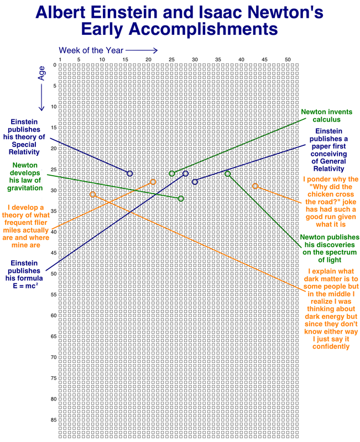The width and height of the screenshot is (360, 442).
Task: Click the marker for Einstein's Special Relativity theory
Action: [x=130, y=173]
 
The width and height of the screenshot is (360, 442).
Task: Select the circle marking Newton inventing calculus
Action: [x=171, y=173]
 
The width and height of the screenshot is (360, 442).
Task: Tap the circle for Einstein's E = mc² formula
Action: [x=186, y=173]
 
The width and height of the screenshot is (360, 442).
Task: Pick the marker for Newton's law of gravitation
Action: [x=181, y=198]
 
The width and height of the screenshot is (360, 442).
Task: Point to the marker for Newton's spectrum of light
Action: [x=227, y=173]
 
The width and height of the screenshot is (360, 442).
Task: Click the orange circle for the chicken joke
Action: [x=255, y=186]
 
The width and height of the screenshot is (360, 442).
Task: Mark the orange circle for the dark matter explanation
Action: [x=92, y=194]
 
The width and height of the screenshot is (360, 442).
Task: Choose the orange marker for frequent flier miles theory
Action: [x=153, y=182]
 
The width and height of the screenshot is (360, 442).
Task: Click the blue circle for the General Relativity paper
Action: [x=195, y=182]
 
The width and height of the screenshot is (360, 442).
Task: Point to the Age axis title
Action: [x=41, y=75]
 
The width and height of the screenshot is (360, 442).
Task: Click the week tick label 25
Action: [x=171, y=60]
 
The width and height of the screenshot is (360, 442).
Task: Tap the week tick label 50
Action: [x=287, y=60]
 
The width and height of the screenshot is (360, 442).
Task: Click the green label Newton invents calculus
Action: [x=326, y=115]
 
